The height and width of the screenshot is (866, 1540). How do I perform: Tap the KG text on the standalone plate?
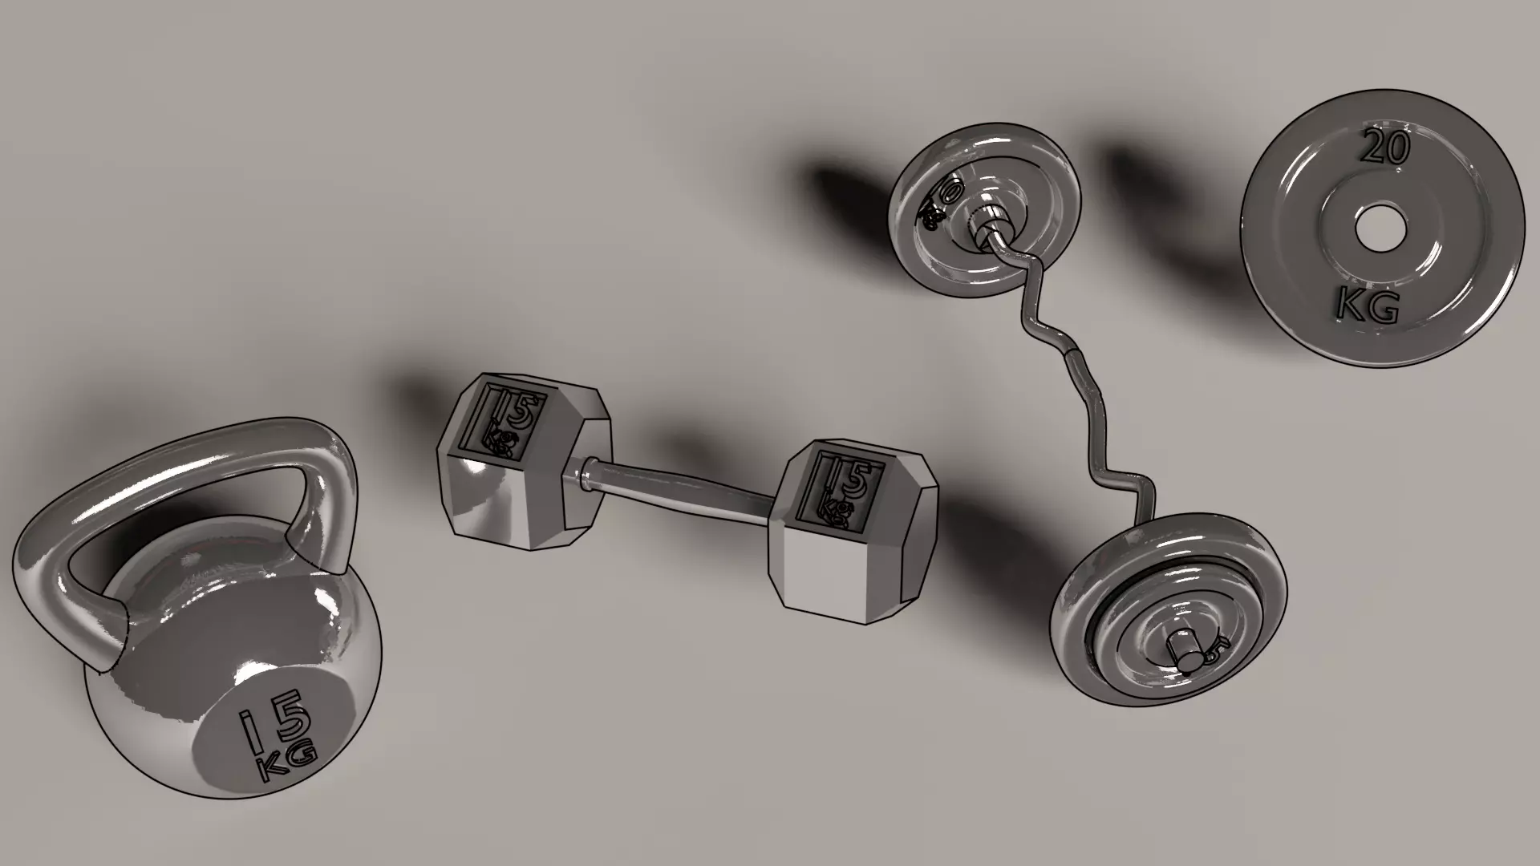1368,306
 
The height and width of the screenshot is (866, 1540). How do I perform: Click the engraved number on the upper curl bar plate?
941,200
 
